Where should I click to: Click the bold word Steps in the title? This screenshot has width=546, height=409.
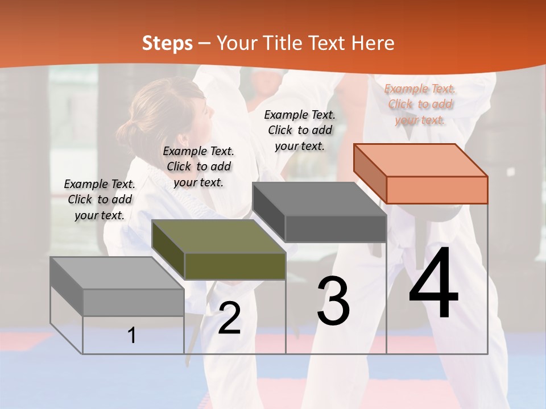(167, 43)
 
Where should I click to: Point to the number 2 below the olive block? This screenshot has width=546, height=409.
(229, 318)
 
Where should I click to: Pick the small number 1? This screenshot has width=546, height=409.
(132, 335)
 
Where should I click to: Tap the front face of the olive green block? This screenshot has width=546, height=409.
(235, 266)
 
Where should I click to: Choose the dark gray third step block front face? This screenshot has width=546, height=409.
(336, 228)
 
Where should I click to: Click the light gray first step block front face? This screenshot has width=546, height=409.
(133, 302)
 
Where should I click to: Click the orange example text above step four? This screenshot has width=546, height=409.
(420, 105)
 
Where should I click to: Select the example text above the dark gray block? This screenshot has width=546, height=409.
(300, 131)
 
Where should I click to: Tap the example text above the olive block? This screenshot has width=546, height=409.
(198, 167)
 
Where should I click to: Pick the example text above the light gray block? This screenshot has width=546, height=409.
(100, 200)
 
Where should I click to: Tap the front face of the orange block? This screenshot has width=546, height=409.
(437, 190)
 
